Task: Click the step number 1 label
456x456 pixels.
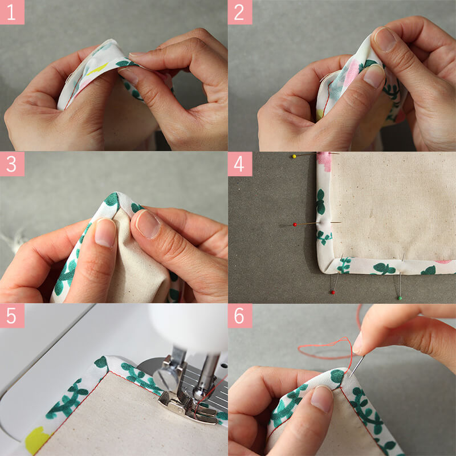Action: tap(12, 12)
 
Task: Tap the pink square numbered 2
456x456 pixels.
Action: tap(240, 12)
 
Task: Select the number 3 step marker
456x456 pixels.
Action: tap(12, 164)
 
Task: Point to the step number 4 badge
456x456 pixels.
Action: tap(240, 164)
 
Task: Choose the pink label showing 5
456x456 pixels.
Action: tap(12, 316)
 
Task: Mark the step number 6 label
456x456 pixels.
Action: tap(240, 316)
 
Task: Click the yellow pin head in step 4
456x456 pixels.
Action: tap(294, 156)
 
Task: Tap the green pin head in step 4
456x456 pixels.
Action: tap(400, 298)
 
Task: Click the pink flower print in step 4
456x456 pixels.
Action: tap(324, 161)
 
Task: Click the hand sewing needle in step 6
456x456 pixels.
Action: tap(357, 366)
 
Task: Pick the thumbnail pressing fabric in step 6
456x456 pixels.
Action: tap(321, 399)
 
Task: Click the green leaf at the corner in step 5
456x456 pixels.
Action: tap(102, 363)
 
